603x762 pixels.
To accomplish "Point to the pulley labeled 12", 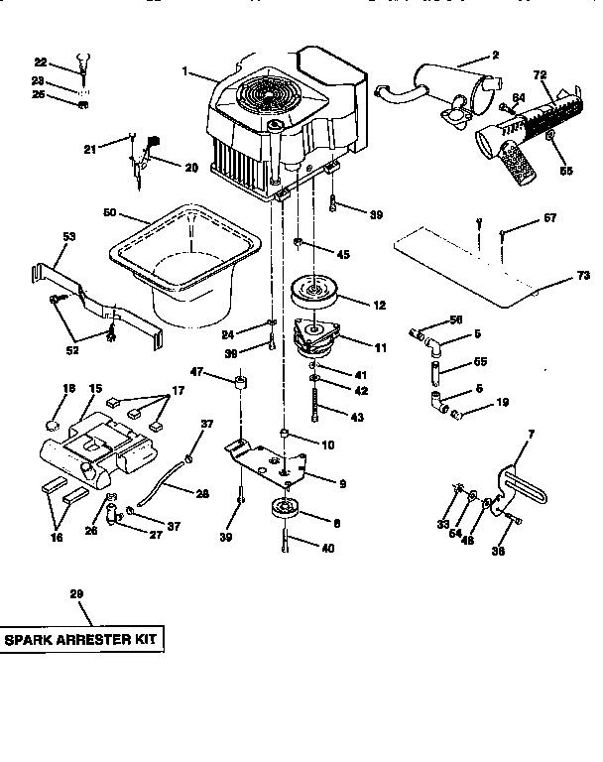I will pos(314,295).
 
